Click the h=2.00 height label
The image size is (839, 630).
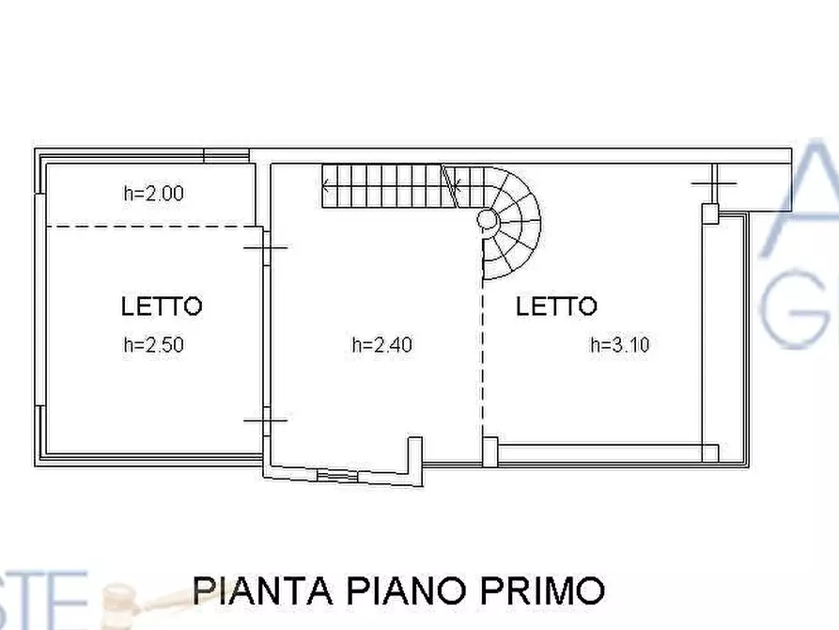[x=153, y=195]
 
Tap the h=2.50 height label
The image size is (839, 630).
[x=153, y=345]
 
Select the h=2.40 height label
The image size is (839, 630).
[x=381, y=345]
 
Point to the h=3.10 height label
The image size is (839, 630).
[x=619, y=345]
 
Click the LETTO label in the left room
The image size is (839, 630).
[x=162, y=306]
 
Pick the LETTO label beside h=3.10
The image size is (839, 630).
[x=556, y=306]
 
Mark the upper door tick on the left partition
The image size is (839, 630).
[x=266, y=247]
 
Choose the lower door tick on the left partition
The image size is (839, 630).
[x=266, y=420]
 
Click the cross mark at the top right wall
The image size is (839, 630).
[x=714, y=182]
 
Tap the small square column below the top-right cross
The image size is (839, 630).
[x=711, y=214]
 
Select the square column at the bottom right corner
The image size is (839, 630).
[x=711, y=453]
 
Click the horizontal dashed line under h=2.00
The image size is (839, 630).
[x=150, y=227]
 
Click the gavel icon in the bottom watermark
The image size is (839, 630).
[x=132, y=596]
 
